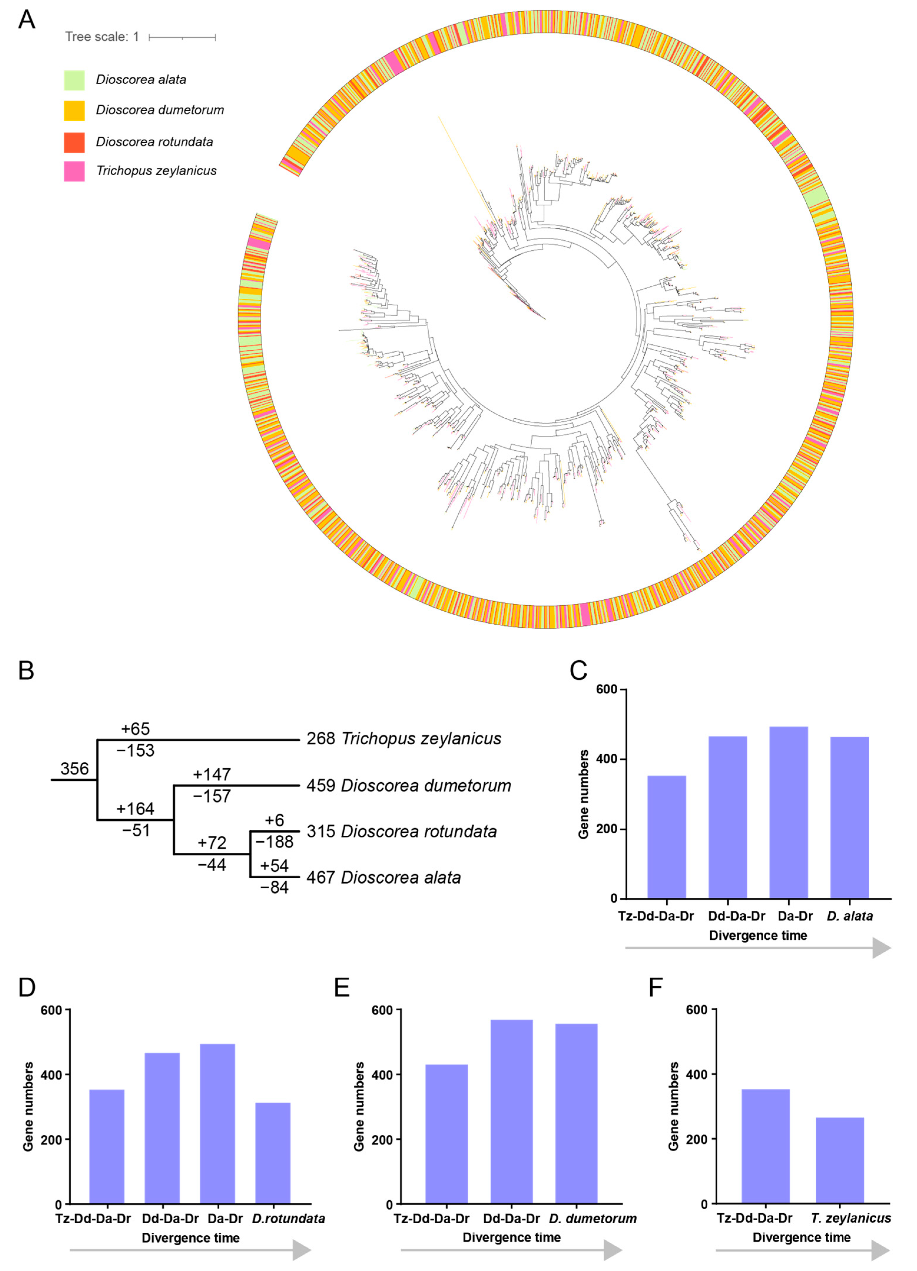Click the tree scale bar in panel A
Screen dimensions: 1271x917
pos(182,37)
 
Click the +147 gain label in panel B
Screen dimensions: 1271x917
pos(212,774)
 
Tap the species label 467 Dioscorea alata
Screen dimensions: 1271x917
pos(384,877)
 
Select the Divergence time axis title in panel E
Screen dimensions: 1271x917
pos(511,1237)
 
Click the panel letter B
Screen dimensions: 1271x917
pos(26,670)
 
